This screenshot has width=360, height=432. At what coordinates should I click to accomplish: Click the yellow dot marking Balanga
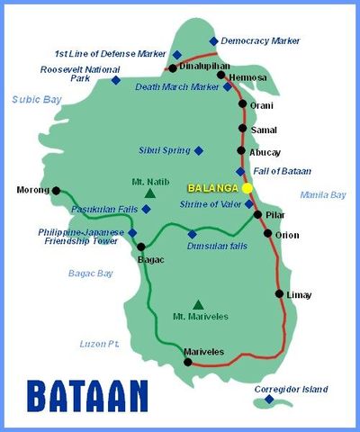point(247,187)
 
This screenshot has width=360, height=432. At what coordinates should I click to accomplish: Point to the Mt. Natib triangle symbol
point(150,193)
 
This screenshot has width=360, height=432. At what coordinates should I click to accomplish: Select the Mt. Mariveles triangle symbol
point(198,304)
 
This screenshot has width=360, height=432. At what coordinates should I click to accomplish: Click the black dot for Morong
point(57,190)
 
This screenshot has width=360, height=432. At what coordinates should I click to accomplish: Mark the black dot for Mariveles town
point(188,362)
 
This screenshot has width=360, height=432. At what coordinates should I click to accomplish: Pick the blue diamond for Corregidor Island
point(268,400)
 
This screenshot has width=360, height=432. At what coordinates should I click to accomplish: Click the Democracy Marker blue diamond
point(213,41)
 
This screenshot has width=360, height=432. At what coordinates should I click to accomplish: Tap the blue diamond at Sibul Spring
point(199,150)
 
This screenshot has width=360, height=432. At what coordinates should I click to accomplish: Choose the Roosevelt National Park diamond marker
point(115,80)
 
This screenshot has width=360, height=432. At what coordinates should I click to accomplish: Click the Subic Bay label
point(36,99)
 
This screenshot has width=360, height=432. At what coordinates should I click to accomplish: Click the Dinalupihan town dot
point(172,67)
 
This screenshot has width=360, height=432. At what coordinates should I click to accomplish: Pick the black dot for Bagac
point(140,246)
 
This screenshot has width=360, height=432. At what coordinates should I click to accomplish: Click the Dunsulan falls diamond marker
point(192,234)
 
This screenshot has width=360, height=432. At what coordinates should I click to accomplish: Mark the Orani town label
point(261,104)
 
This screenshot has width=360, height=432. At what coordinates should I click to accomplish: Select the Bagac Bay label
point(91,273)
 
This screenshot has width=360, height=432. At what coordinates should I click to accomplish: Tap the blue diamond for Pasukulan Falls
point(147,209)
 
